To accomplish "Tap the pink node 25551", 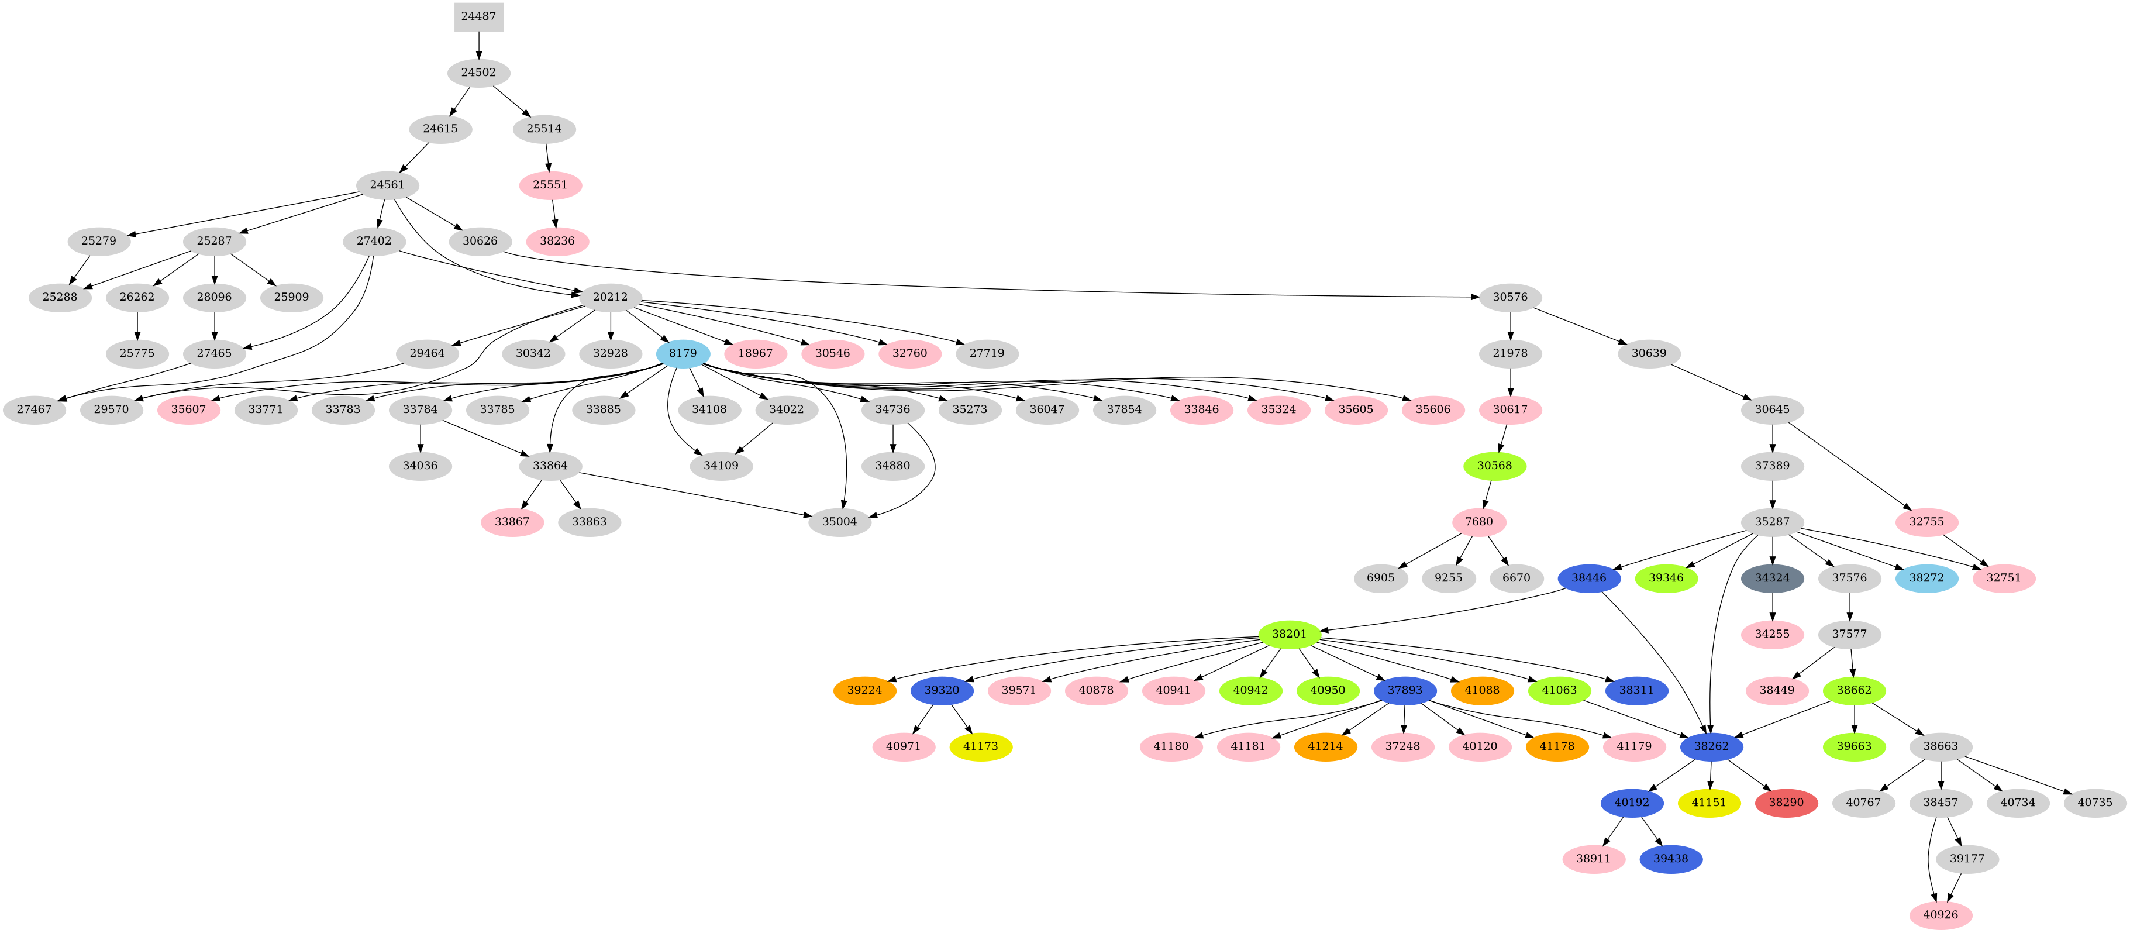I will [x=550, y=184].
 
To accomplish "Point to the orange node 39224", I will [x=864, y=690].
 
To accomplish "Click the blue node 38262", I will [x=1711, y=746].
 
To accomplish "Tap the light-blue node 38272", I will [x=1926, y=577].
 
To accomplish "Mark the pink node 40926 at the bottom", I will [x=1940, y=915].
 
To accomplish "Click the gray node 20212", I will [x=609, y=297].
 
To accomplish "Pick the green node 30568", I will [x=1494, y=466].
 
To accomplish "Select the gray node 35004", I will [x=839, y=522].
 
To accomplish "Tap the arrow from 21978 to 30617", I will [x=1510, y=381].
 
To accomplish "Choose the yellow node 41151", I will [x=1708, y=803].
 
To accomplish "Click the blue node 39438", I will [x=1670, y=859].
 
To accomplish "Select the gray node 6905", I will [x=1380, y=577].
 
